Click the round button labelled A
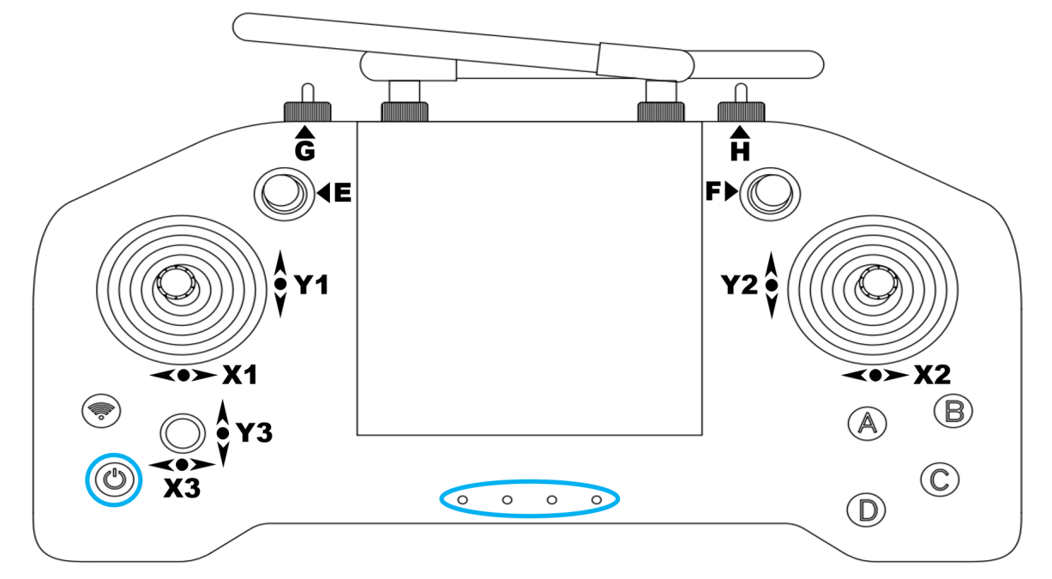(867, 422)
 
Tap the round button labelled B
(953, 411)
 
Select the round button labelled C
(939, 479)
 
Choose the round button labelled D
(867, 510)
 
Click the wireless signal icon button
(100, 412)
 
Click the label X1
(239, 376)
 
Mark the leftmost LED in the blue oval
(462, 498)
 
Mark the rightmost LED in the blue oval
(597, 498)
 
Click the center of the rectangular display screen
(529, 277)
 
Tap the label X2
(932, 375)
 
